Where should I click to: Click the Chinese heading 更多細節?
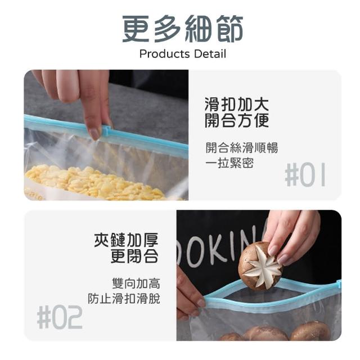[182, 29]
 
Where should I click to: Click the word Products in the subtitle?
[164, 54]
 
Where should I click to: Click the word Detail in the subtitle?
[210, 54]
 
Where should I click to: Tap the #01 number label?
[305, 174]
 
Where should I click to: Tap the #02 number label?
[60, 317]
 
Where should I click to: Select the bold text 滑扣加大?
[236, 105]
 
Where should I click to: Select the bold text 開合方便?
[236, 120]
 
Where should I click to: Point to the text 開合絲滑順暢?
[241, 147]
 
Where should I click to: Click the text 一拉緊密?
[229, 163]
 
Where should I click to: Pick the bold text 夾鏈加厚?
[126, 240]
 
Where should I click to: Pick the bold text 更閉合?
[134, 256]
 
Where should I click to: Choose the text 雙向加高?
[136, 283]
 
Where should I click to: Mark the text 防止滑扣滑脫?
[124, 299]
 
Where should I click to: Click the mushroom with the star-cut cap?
[260, 266]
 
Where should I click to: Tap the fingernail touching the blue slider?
[94, 134]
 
